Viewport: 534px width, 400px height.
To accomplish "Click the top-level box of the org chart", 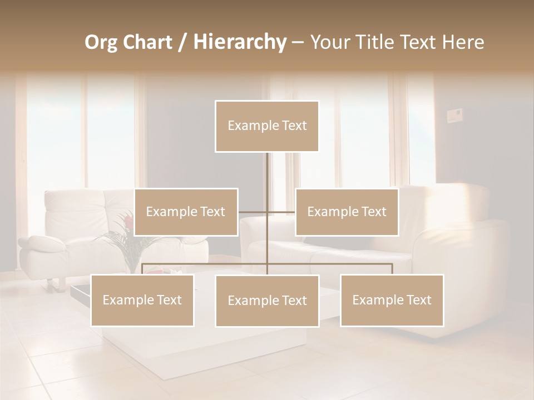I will (267, 126).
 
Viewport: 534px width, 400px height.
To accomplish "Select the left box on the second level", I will (186, 212).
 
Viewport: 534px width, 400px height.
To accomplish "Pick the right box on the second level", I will (347, 212).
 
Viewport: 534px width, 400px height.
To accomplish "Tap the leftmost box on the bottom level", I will (142, 300).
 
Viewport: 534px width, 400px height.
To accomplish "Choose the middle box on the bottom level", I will (267, 301).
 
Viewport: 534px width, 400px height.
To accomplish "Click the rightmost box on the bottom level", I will (392, 300).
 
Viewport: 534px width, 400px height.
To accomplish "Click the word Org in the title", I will (101, 42).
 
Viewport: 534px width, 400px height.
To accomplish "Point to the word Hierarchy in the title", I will (240, 42).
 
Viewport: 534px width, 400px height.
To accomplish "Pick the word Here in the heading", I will (463, 42).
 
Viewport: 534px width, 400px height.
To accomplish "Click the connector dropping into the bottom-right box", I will (392, 269).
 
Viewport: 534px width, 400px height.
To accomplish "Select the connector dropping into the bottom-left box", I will (142, 269).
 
